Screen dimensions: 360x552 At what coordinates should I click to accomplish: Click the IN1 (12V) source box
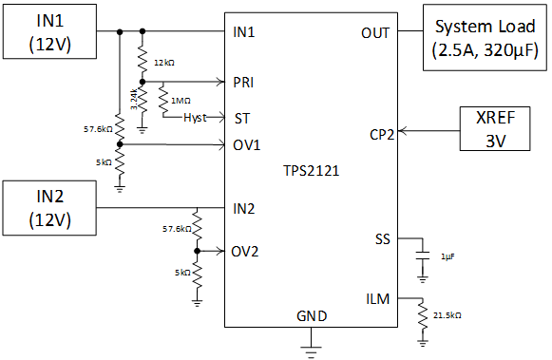[48, 31]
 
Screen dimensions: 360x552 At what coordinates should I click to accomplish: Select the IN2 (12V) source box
[48, 207]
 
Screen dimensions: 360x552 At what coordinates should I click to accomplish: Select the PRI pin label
[243, 82]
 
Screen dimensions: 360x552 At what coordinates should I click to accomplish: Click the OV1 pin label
[245, 144]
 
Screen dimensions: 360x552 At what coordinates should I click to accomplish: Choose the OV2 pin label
[245, 252]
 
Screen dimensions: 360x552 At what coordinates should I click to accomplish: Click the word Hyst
[195, 118]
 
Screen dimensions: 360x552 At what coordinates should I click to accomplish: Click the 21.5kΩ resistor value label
[447, 314]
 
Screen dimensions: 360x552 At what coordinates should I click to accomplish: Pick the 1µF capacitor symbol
[422, 256]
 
